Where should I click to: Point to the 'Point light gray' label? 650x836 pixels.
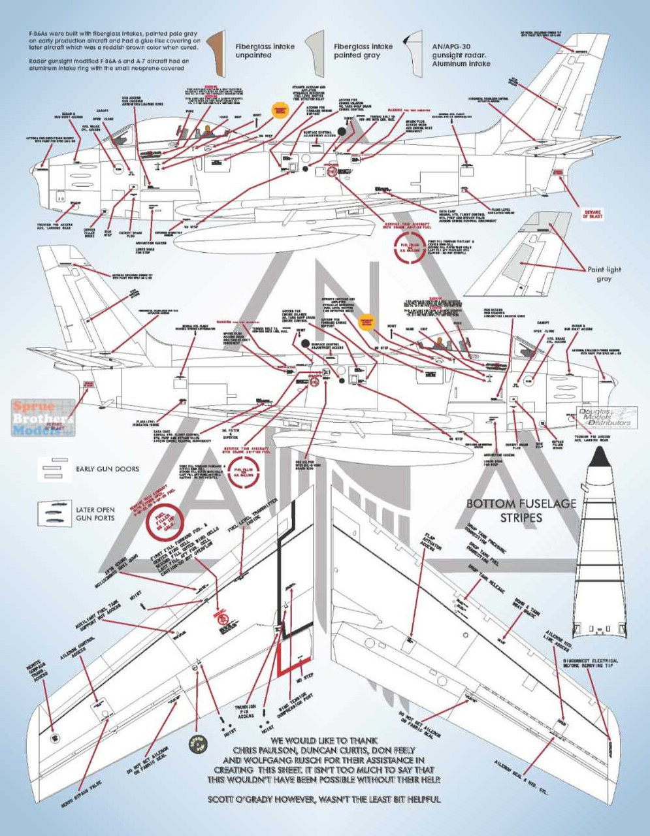coord(604,274)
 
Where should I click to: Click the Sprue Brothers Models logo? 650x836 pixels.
coord(43,418)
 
